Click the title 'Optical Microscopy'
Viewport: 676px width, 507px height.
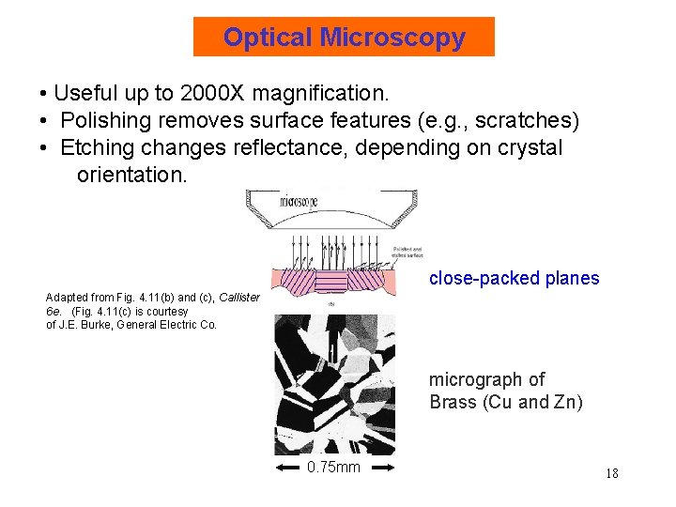344,38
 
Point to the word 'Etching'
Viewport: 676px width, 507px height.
95,148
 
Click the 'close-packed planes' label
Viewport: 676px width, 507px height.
514,278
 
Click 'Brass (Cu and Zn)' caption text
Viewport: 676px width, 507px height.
506,403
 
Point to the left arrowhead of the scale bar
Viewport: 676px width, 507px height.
279,468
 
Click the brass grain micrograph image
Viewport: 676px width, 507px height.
334,384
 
